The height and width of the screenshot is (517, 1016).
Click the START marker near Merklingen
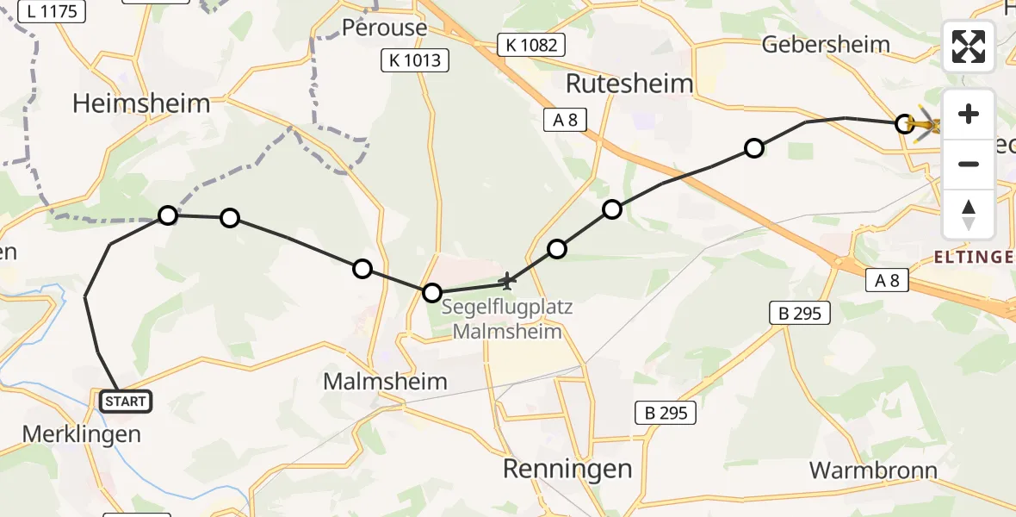(126, 401)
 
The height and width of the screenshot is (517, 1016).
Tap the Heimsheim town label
(141, 104)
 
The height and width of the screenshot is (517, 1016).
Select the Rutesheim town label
(630, 84)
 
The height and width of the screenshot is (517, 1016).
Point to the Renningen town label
(567, 470)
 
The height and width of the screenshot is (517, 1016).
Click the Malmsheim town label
(385, 382)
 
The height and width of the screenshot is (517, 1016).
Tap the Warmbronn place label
(873, 470)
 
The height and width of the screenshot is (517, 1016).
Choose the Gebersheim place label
(824, 45)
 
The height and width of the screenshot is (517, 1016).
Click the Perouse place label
(384, 28)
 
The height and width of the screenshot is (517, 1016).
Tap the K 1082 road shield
(531, 45)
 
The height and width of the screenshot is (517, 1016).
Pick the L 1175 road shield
(52, 11)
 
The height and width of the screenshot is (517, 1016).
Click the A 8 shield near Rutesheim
(565, 121)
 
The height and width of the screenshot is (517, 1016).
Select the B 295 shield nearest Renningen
(666, 414)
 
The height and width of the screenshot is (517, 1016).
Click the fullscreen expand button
(969, 47)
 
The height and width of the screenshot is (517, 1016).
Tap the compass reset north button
(969, 214)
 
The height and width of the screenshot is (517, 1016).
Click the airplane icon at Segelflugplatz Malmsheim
(507, 281)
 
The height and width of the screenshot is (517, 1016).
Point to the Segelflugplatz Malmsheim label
(507, 320)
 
